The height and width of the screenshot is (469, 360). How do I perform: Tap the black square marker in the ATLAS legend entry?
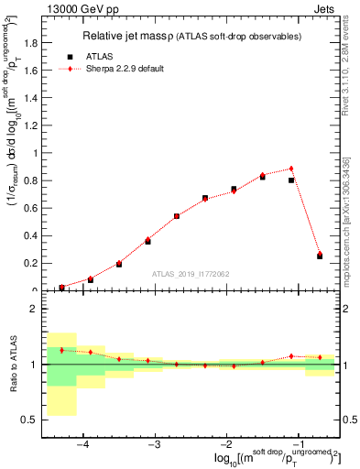click(x=70, y=56)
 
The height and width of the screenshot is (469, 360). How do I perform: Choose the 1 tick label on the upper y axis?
click(x=35, y=154)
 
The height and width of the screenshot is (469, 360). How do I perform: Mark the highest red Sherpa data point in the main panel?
click(x=290, y=169)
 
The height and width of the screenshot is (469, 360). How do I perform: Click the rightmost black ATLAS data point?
click(x=320, y=256)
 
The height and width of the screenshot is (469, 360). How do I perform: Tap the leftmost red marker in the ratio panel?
click(x=61, y=350)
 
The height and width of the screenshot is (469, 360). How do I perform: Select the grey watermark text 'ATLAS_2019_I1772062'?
click(x=191, y=274)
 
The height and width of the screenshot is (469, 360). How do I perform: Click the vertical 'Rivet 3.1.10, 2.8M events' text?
click(x=352, y=64)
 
